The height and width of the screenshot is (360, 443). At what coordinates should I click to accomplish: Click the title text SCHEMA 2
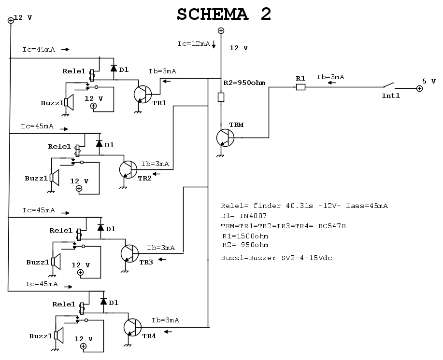pos(224,14)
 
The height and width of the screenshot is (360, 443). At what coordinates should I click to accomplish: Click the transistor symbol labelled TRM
pos(225,138)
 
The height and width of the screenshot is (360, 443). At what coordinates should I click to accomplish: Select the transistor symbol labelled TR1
pos(142,94)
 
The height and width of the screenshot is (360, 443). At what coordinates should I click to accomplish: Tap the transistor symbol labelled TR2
pos(128,168)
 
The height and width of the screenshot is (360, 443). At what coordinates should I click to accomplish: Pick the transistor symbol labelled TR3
pos(129,252)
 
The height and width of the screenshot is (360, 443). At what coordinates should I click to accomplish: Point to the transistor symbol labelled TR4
pos(132,327)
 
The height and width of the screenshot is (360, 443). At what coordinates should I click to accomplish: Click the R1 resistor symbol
pos(300,87)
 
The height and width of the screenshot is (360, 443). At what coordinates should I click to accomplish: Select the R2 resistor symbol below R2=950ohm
pos(221,97)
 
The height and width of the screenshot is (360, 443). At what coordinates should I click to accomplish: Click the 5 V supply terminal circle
pos(419,89)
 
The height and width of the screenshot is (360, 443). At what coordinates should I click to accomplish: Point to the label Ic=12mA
pos(194,44)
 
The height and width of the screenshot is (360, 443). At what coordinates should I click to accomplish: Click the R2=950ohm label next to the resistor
pos(244,83)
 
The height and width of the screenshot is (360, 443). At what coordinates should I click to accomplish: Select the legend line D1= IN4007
pos(243,216)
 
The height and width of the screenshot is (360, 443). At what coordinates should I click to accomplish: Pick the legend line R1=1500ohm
pos(245,236)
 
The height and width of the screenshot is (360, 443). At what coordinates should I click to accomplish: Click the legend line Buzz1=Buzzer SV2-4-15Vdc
pos(276,258)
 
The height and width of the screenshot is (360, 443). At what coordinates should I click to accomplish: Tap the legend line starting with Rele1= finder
pos(304,206)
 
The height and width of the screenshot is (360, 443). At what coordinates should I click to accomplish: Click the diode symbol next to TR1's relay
pos(114,69)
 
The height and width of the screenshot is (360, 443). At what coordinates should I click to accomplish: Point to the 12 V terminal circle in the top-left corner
pos(11,20)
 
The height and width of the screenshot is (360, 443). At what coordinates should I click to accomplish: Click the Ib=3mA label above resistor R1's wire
pos(330,77)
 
